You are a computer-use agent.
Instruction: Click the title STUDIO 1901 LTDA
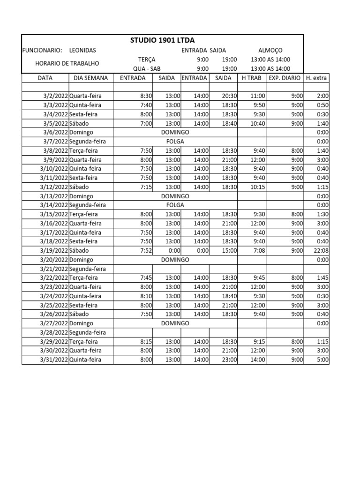coord(163,41)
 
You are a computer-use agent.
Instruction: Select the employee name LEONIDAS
coord(82,50)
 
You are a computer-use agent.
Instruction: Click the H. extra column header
coord(316,78)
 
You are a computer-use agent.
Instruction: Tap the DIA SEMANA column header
coord(90,78)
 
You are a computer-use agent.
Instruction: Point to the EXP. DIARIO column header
coord(285,78)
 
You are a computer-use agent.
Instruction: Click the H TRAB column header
coord(252,78)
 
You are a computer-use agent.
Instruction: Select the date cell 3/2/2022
coord(55,96)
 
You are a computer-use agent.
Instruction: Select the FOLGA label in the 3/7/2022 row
coord(175,142)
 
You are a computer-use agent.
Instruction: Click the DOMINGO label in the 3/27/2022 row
coord(175,323)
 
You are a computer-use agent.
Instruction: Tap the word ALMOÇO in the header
coord(270,50)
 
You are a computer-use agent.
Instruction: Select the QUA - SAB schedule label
coord(147,68)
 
